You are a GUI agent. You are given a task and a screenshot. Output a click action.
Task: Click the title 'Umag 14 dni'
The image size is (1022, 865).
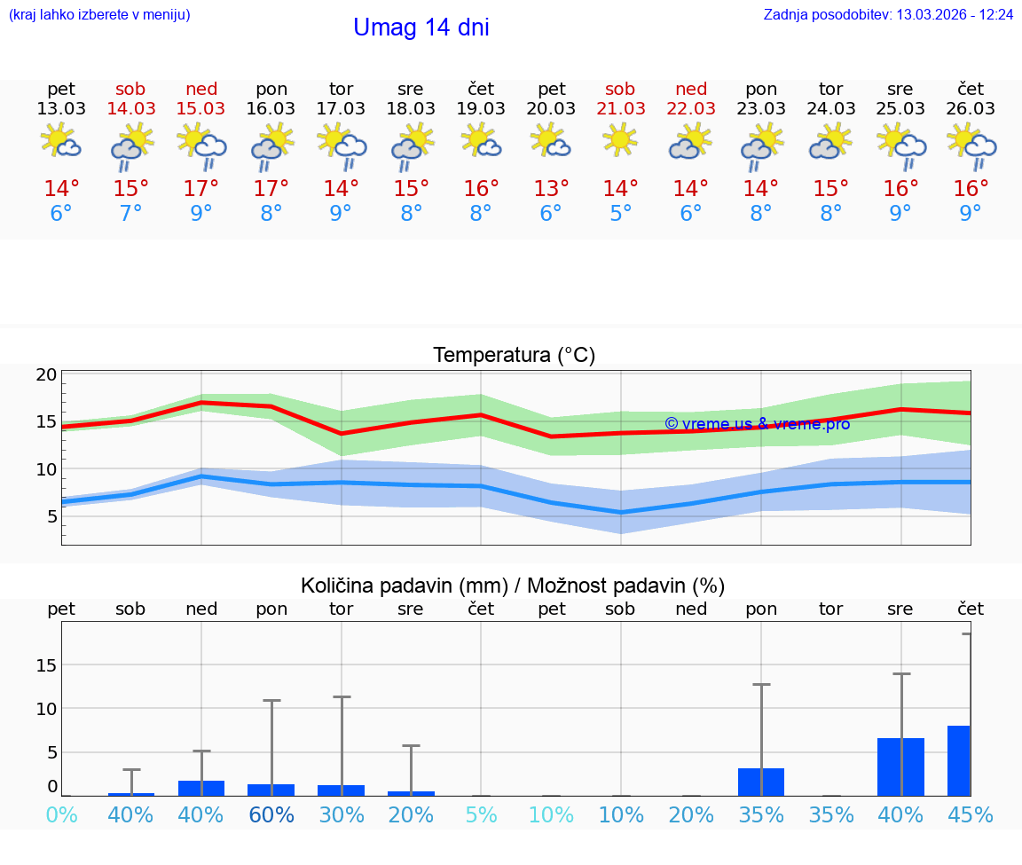421,28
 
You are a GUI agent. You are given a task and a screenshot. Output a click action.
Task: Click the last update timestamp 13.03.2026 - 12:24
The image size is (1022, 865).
955,14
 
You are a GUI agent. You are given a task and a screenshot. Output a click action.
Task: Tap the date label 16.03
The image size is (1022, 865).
271,108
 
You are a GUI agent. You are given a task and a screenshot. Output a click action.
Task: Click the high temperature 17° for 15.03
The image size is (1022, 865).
201,188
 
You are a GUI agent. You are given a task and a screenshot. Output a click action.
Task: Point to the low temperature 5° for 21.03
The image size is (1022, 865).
620,213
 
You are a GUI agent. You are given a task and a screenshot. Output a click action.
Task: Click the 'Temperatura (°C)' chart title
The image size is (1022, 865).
514,356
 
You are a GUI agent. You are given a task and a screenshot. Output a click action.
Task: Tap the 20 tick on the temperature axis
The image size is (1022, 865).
47,374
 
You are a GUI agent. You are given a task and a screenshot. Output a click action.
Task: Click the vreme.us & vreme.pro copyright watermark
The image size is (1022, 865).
757,423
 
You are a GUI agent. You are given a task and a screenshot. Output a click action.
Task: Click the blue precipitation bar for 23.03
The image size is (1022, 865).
760,782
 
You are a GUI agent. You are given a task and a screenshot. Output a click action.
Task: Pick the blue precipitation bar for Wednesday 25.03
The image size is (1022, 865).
900,767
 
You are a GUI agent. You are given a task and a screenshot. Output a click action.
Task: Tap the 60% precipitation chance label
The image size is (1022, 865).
271,815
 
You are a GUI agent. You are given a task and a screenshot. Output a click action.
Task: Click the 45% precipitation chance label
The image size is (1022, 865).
971,815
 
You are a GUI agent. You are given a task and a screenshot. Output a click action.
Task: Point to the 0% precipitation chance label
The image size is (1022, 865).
61,815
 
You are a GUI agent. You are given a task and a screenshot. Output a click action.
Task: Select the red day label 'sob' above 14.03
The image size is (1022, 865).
130,89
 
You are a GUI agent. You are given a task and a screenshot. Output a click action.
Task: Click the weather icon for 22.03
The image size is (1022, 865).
690,142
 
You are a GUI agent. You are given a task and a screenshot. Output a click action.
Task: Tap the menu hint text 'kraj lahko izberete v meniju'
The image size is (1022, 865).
99,14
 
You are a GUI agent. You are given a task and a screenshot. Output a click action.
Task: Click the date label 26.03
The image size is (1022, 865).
971,108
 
